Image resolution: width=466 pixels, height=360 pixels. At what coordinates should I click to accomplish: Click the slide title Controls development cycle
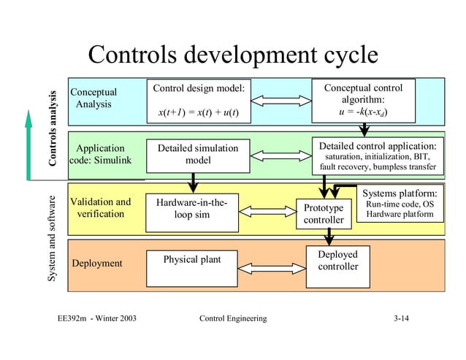coord(232,55)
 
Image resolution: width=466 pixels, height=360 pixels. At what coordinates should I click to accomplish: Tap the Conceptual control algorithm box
coord(363,101)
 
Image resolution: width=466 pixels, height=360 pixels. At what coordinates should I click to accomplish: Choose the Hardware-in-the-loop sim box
coord(193,208)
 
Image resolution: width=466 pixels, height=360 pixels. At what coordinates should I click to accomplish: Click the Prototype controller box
coord(324,214)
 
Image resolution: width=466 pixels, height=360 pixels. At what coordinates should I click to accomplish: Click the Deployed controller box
coord(337,261)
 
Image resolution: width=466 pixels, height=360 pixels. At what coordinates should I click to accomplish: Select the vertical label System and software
coord(53,238)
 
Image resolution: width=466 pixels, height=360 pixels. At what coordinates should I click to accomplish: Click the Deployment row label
coord(96,263)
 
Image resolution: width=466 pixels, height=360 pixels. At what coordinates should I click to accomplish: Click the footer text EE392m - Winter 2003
coord(92,319)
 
